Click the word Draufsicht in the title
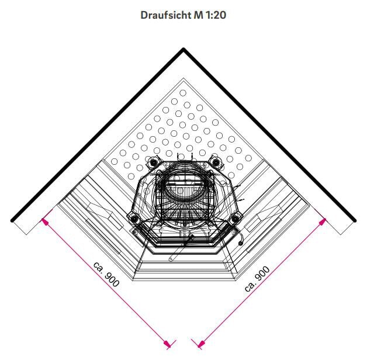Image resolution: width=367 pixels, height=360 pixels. (166, 15)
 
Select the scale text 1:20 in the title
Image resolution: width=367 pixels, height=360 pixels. (216, 15)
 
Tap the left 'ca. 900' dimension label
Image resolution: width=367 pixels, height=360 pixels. (106, 274)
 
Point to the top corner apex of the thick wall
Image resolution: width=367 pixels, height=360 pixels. (183, 49)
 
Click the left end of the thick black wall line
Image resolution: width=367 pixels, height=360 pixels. (12, 220)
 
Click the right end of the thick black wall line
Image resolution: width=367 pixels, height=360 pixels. (355, 220)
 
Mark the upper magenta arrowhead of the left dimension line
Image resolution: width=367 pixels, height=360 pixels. (44, 221)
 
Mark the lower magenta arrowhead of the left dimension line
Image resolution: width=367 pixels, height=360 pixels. (167, 344)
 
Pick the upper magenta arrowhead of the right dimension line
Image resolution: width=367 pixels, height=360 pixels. (323, 221)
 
